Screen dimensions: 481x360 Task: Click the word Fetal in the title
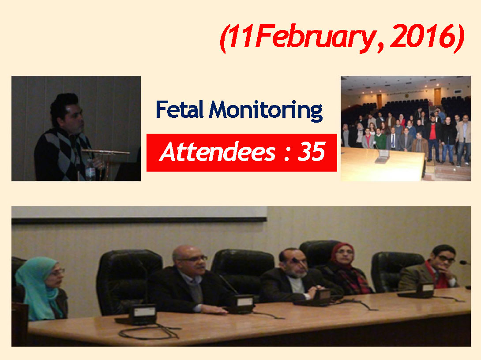click(180, 109)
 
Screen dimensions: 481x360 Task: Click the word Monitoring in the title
click(266, 111)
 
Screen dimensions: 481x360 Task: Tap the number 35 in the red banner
click(311, 152)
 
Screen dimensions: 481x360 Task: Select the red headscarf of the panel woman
click(341, 255)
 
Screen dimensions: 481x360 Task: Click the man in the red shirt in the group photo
click(432, 138)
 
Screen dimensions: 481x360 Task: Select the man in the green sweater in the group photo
click(380, 139)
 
